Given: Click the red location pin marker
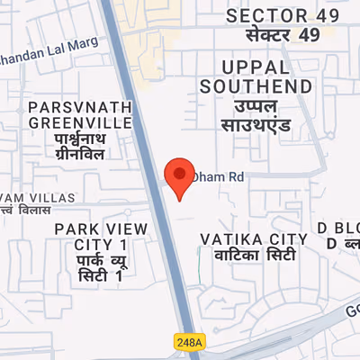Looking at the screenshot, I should coord(180,176).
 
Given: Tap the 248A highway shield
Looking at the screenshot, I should coord(190,341).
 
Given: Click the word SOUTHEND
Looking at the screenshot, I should coord(256,86).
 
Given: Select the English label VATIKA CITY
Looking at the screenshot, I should coord(254,238).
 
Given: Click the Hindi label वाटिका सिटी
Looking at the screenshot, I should coord(254,256).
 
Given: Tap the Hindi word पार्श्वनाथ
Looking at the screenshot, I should coord(80,139).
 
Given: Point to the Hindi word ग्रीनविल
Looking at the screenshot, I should coord(80,155).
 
